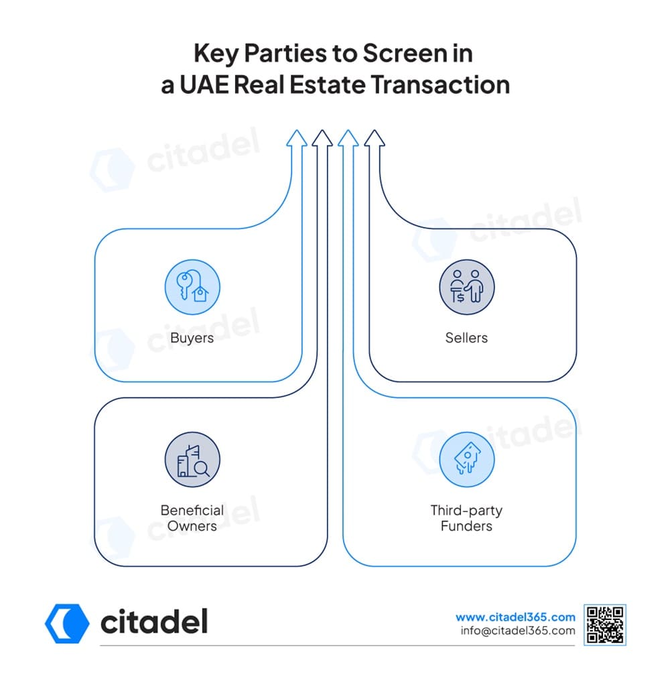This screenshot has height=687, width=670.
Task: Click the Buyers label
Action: point(192,338)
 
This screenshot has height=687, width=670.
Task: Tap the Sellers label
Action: point(466,338)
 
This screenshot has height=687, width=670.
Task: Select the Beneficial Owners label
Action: point(192,518)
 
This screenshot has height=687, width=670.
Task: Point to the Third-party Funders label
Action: point(466,518)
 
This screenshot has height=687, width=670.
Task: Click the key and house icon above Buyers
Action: point(192,287)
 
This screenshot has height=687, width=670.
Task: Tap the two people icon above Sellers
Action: point(467,287)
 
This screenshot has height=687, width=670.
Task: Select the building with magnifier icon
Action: point(192,460)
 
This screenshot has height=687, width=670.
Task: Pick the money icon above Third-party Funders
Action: point(467,460)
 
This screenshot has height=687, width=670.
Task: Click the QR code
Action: point(605,625)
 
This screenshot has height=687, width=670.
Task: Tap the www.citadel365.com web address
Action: point(515,617)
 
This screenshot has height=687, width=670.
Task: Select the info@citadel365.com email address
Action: point(518,631)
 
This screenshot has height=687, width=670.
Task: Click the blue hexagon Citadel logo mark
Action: point(67,623)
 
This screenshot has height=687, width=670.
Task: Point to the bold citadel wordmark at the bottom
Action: point(154,622)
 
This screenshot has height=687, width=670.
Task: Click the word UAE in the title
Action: point(204,84)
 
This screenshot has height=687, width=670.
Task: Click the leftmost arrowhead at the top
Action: point(296,138)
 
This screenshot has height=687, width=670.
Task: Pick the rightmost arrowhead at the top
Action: point(375,138)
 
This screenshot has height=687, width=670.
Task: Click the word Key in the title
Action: point(216,54)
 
